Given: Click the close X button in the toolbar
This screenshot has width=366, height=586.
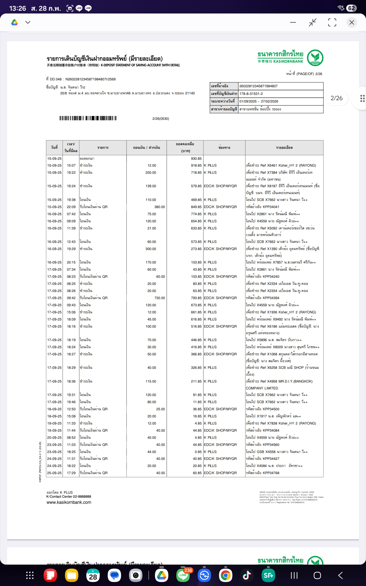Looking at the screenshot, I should (x=352, y=22).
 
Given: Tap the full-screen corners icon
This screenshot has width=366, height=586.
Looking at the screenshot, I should (x=332, y=22).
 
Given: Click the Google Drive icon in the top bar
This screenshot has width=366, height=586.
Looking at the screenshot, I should (x=15, y=22).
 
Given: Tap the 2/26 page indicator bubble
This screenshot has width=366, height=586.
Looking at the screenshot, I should (x=337, y=98).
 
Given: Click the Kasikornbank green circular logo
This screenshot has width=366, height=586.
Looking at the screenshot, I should (x=315, y=58).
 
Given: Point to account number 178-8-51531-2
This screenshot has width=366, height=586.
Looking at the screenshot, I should (x=251, y=94).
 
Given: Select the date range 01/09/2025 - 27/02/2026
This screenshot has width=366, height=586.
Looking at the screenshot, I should (x=259, y=101).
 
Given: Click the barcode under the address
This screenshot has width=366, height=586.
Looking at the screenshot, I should (x=88, y=118).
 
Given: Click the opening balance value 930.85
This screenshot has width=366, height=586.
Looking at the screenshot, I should (x=196, y=158).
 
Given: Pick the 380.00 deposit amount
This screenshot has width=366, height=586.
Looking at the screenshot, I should (x=159, y=207).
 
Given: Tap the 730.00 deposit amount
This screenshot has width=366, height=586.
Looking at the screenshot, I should (x=159, y=298).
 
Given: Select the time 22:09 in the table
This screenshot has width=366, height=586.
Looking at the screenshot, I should (x=71, y=207).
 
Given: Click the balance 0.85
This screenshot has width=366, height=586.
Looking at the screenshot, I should (x=198, y=452).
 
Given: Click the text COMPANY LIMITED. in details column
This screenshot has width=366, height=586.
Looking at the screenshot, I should (x=262, y=388).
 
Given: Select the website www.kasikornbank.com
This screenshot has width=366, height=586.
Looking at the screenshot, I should (x=69, y=502).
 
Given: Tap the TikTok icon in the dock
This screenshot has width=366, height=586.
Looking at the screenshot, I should (x=247, y=575).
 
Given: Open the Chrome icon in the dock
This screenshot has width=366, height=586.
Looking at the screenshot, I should (x=225, y=575).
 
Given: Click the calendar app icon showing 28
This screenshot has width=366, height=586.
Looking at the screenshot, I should (x=93, y=575).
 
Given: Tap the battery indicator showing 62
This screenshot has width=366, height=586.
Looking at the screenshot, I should (x=351, y=8).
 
